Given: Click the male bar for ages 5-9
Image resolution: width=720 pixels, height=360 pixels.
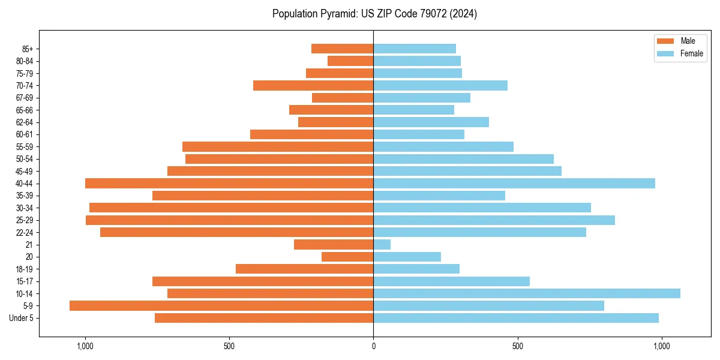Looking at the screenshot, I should click(221, 306).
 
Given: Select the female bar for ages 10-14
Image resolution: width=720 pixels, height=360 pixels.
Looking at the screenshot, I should click(527, 293).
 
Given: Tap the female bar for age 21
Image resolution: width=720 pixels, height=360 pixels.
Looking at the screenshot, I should click(382, 245).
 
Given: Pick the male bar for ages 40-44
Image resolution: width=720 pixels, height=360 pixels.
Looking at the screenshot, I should click(229, 184).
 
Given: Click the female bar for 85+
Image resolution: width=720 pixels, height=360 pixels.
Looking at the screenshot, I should click(415, 49).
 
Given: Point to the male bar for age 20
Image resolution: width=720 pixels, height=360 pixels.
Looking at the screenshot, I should click(347, 257).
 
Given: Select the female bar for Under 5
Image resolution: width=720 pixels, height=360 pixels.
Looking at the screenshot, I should click(516, 318).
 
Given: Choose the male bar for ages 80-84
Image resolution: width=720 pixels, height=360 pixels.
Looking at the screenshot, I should click(350, 61).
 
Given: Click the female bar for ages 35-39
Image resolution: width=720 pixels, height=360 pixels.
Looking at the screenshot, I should click(439, 196).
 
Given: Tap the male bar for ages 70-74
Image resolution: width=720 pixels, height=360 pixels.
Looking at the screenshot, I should click(313, 86).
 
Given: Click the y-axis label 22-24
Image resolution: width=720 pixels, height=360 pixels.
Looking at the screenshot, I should click(25, 233).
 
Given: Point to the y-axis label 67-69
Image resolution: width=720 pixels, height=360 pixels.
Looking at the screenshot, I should click(25, 98).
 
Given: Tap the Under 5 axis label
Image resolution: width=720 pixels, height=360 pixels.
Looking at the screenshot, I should click(21, 318).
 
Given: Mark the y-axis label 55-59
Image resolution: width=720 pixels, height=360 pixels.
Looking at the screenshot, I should click(25, 147).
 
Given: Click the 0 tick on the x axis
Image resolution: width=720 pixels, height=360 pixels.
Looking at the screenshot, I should click(373, 346).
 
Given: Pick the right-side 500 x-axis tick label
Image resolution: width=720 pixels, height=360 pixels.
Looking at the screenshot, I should click(518, 346).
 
